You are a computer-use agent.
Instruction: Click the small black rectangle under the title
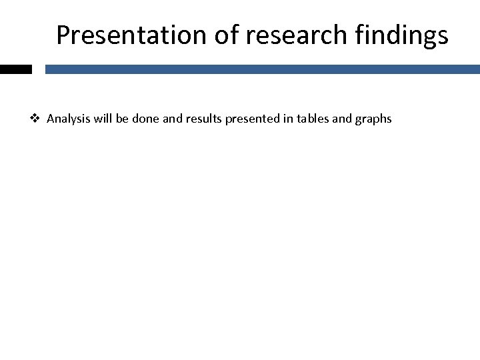click(15, 69)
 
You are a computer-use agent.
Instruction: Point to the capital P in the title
click(63, 35)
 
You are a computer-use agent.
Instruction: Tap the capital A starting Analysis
click(51, 119)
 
